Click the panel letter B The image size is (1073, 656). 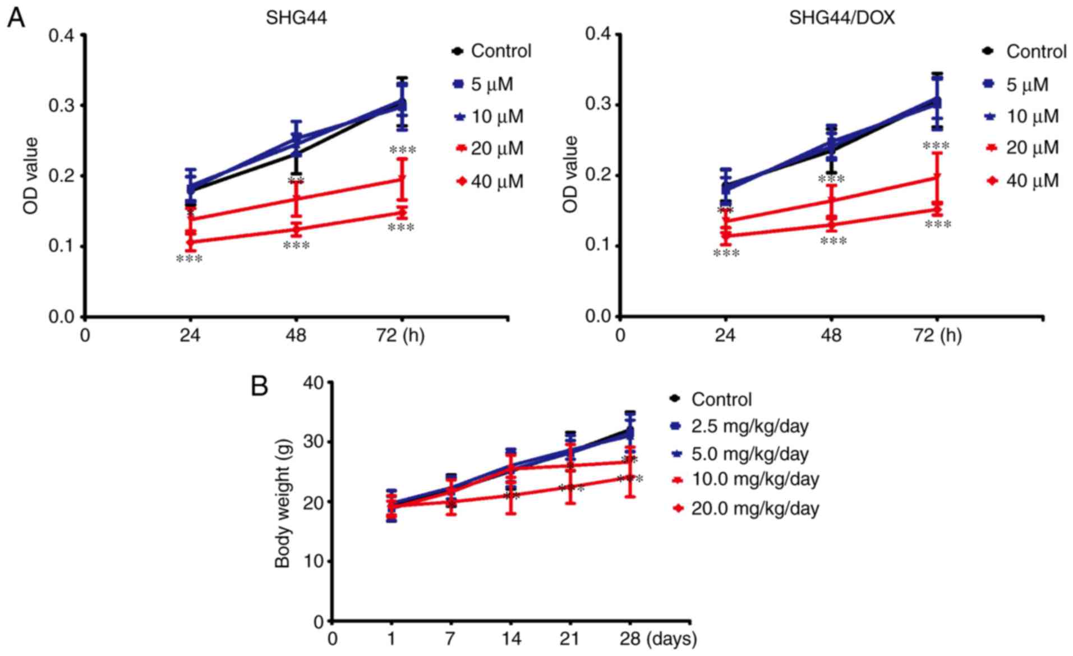(x=259, y=386)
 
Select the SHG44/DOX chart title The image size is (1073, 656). (x=842, y=18)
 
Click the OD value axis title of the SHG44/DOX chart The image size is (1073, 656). (x=570, y=175)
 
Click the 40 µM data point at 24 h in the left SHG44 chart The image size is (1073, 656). (x=191, y=242)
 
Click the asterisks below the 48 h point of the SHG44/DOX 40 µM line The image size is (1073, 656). (x=833, y=241)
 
